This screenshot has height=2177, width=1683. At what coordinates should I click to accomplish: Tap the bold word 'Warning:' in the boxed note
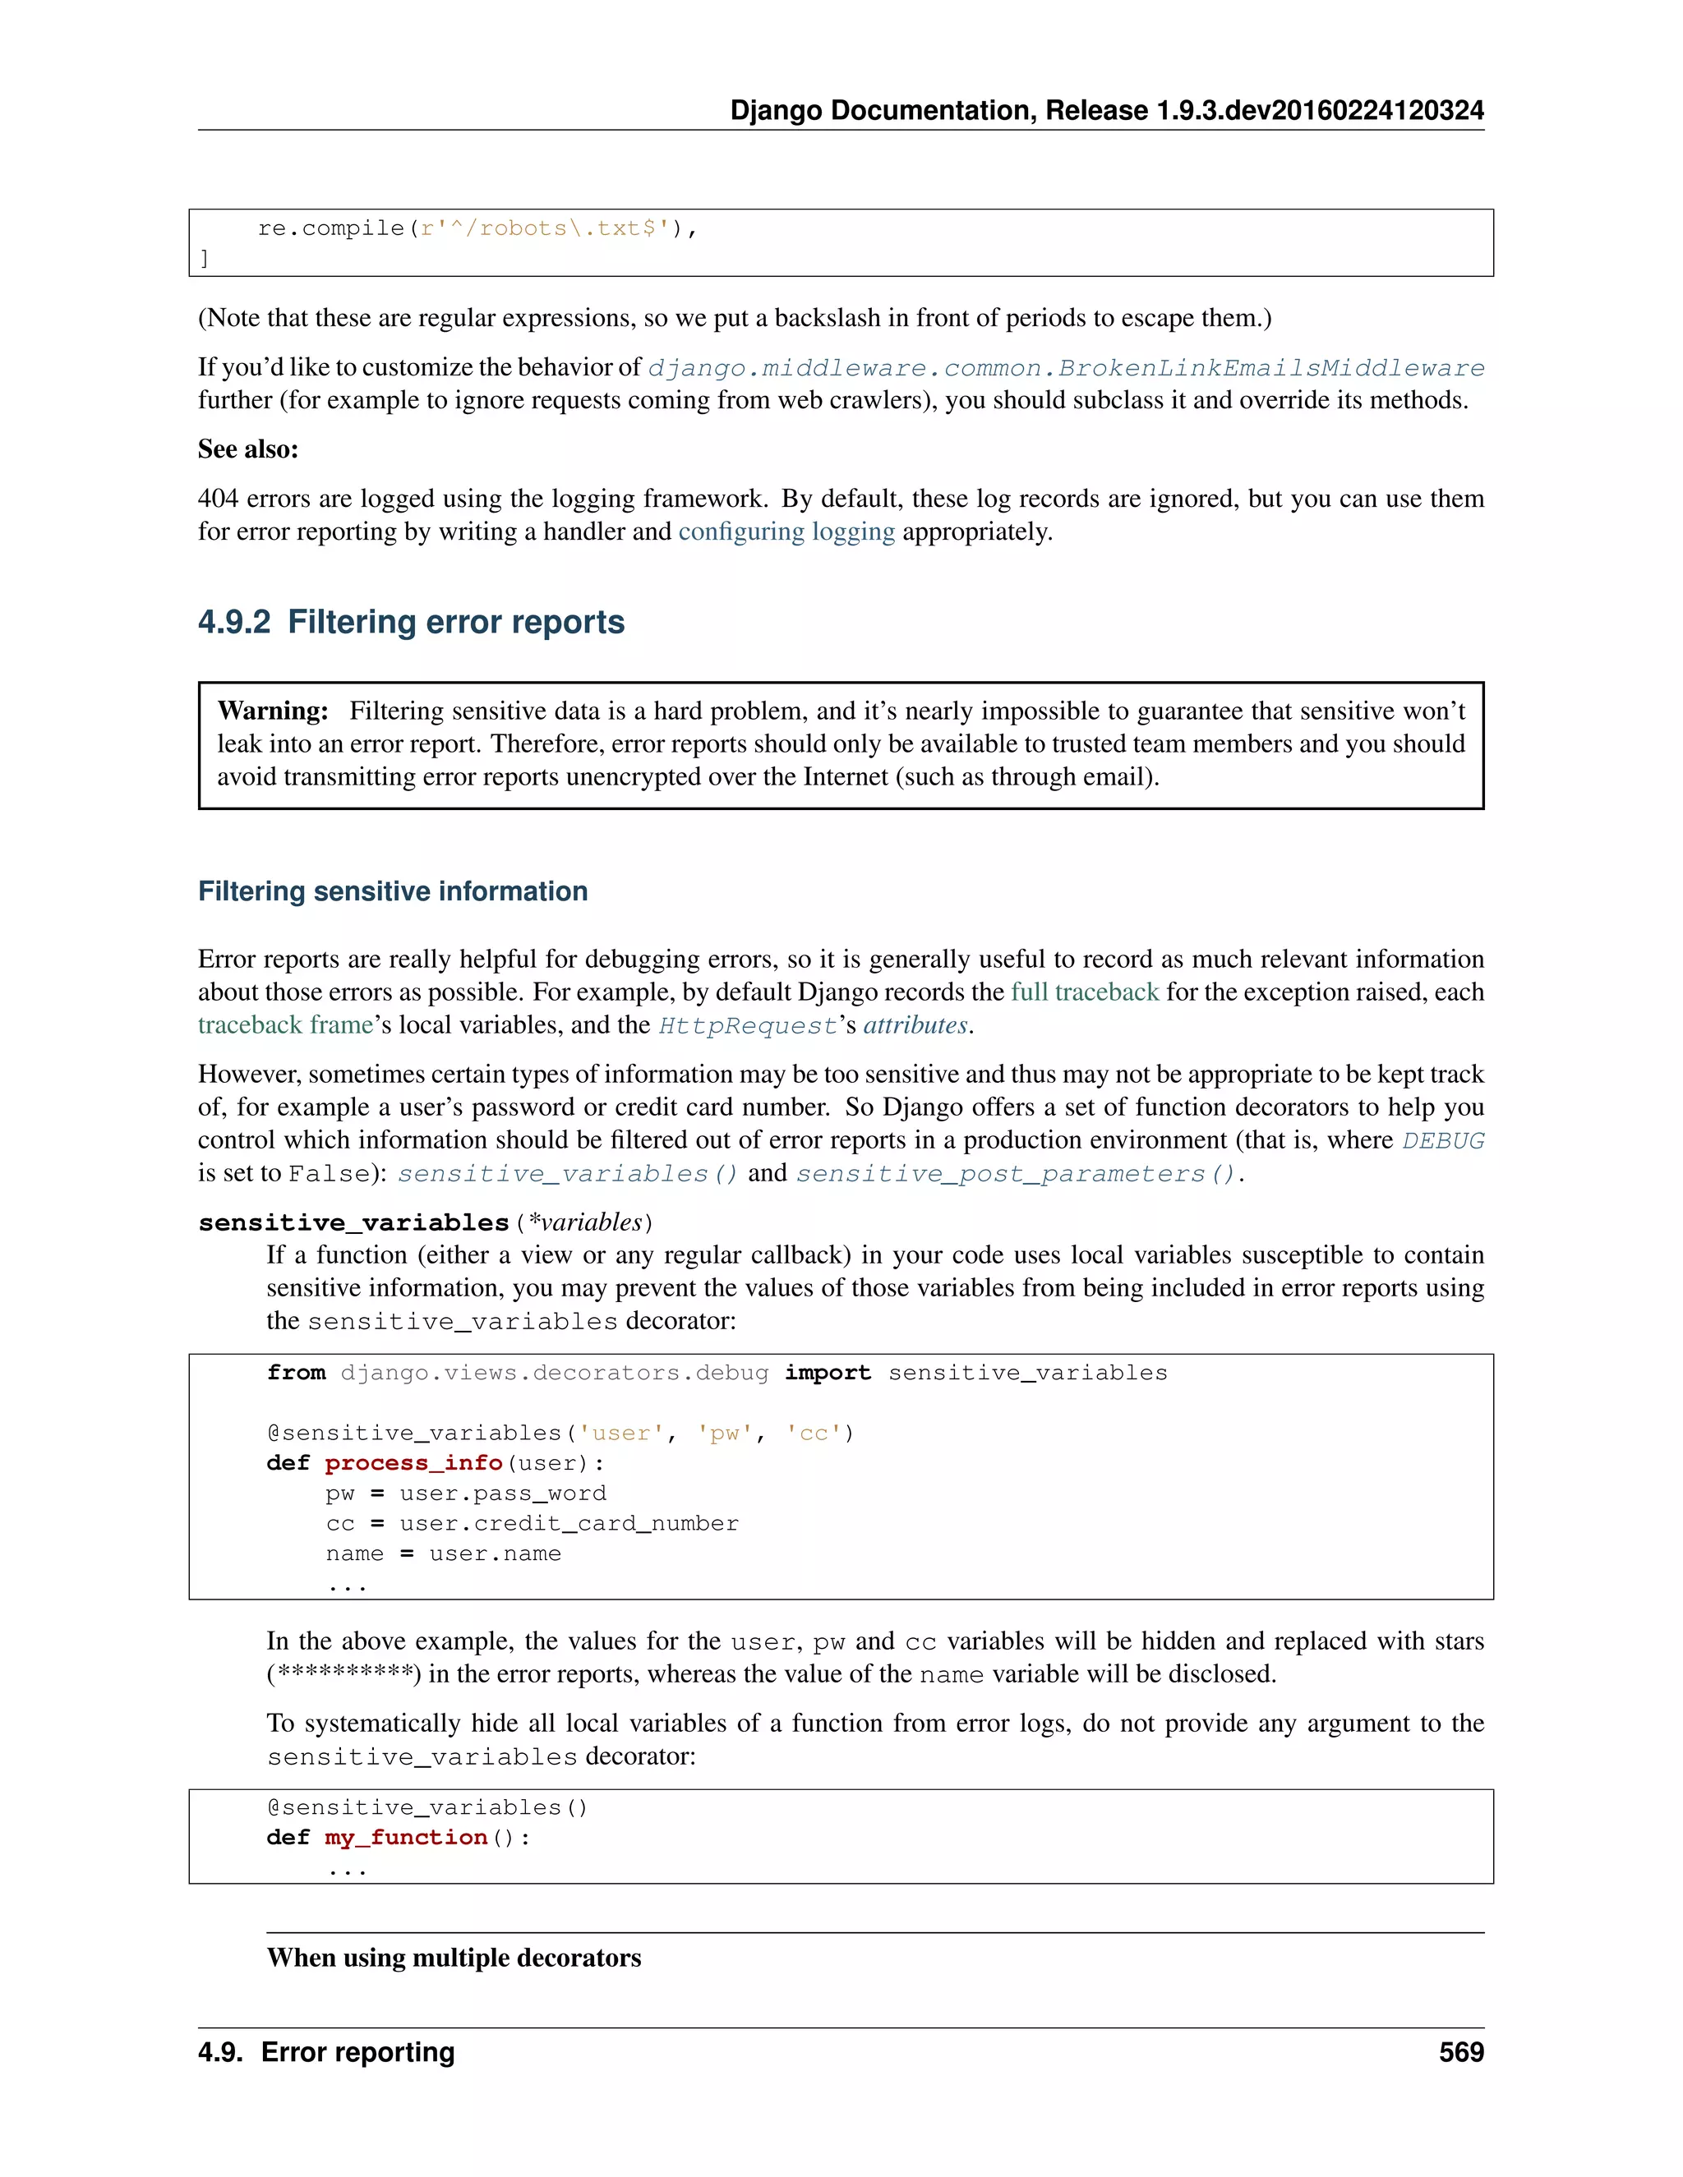tap(272, 711)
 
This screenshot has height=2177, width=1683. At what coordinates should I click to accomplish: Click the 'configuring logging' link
tap(786, 532)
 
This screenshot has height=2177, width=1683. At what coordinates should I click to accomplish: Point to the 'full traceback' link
tap(1084, 992)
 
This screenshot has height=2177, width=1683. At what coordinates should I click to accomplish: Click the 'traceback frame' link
tap(285, 1024)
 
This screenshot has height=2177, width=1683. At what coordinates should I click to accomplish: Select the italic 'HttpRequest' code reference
tap(748, 1026)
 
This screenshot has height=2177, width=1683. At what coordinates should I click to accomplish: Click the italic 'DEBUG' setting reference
tap(1443, 1140)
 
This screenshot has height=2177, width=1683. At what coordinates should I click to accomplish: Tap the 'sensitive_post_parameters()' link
tap(1016, 1173)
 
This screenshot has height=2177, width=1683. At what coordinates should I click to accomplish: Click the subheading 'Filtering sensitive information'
tap(393, 891)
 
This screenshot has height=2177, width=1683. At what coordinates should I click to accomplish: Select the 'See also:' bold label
tap(248, 449)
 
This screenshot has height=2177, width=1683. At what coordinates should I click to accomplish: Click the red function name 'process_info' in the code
tap(413, 1462)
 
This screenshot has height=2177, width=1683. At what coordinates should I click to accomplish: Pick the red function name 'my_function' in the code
tap(406, 1837)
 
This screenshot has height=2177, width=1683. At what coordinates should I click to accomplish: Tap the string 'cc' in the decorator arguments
tap(814, 1433)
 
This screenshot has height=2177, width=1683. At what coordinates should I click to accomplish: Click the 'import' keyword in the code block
tap(827, 1373)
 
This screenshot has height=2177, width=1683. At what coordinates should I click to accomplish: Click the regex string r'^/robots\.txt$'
tap(544, 228)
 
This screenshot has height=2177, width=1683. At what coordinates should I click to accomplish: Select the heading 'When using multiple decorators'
tap(454, 1958)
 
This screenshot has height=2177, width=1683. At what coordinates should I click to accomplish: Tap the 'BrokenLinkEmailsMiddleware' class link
tap(1271, 368)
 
